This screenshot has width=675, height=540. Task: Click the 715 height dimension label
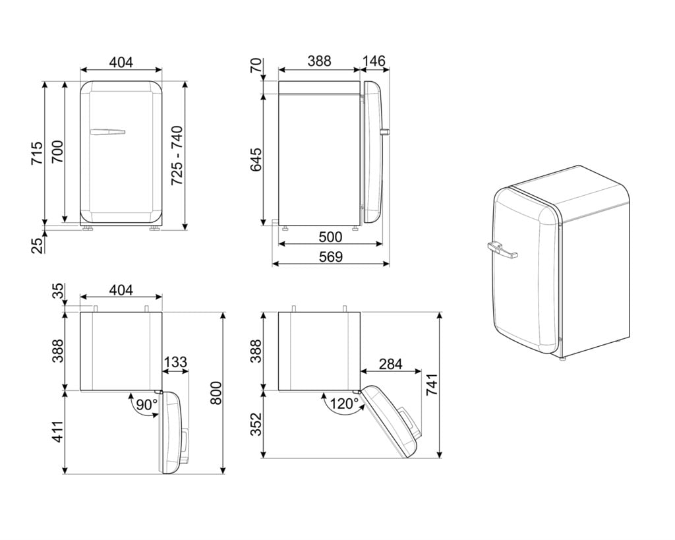pos(37,153)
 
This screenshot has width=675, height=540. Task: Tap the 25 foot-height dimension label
pos(38,245)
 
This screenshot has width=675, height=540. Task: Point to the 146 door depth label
pos(374,61)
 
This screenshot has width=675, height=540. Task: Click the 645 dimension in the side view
pos(256,160)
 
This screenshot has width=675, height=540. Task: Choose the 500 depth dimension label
pos(330,237)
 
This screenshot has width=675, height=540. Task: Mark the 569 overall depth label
pos(330,256)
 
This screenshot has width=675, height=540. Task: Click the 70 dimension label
pos(256,66)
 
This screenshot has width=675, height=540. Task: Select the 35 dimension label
pos(58,291)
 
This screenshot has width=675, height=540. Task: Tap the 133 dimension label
pos(175,362)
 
